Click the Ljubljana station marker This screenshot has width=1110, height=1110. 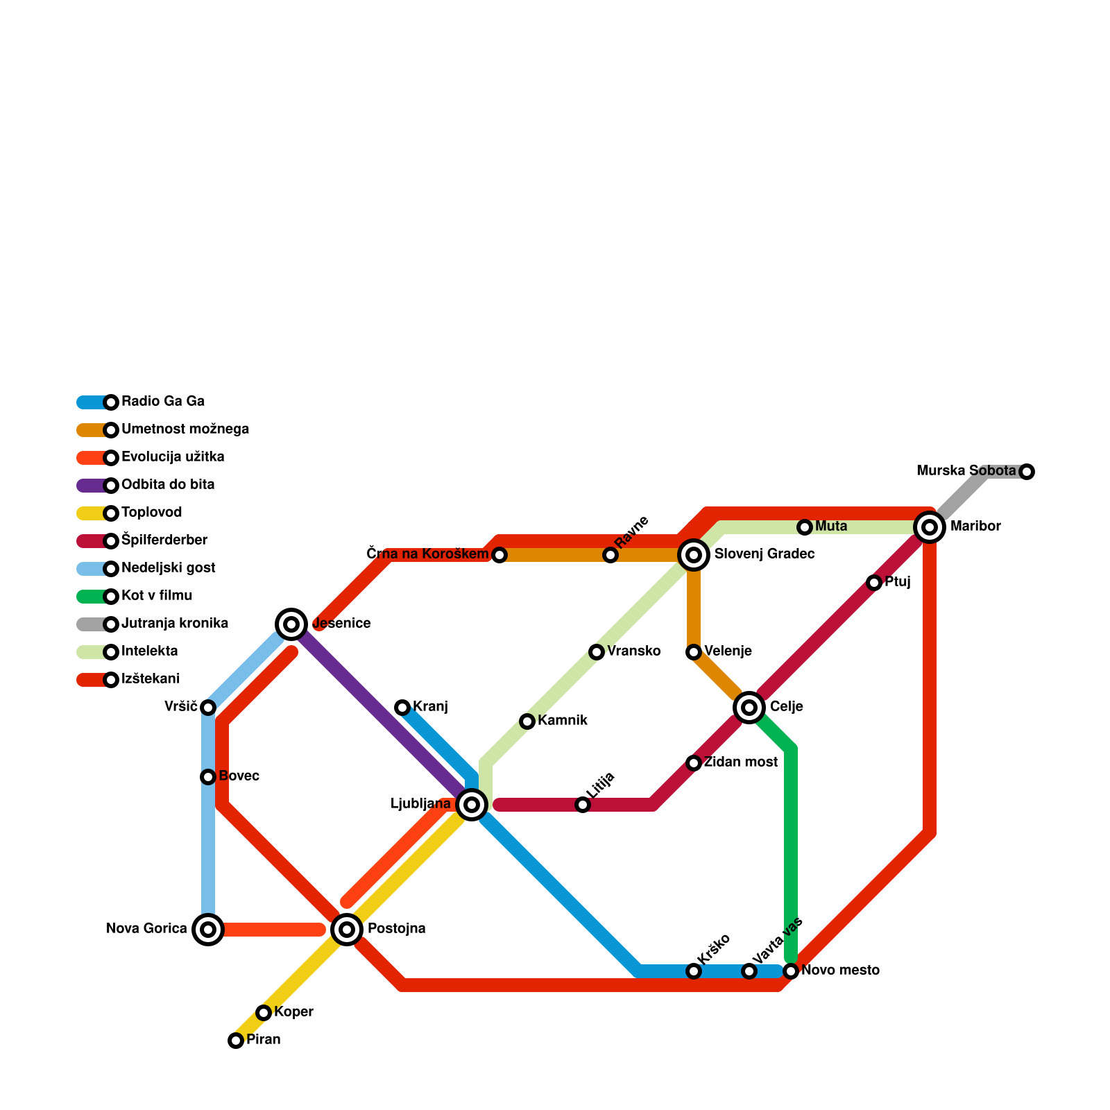coord(472,805)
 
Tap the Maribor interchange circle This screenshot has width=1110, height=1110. coord(930,527)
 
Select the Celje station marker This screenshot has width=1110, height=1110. coord(749,708)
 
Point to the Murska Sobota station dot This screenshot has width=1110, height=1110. coord(1027,472)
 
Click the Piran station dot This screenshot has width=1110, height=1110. coord(236,1041)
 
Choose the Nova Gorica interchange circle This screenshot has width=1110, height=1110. coord(208,930)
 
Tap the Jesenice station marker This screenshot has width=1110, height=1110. coord(291,624)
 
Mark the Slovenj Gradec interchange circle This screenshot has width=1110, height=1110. coord(694,555)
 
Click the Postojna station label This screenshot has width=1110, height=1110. coord(396,929)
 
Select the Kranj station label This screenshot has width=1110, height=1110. coord(430,707)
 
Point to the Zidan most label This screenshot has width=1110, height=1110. coord(740,762)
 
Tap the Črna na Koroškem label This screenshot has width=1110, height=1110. coord(427,554)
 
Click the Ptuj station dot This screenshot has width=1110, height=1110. coord(874,583)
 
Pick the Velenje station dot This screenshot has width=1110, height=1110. coord(694,652)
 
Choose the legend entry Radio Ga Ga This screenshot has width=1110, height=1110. coord(162,402)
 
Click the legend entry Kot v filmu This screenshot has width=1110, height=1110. coord(157,596)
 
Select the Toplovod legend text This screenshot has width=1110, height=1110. coord(151,513)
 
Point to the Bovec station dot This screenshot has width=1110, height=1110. coord(208,777)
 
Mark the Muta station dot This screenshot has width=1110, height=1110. coord(805,527)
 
